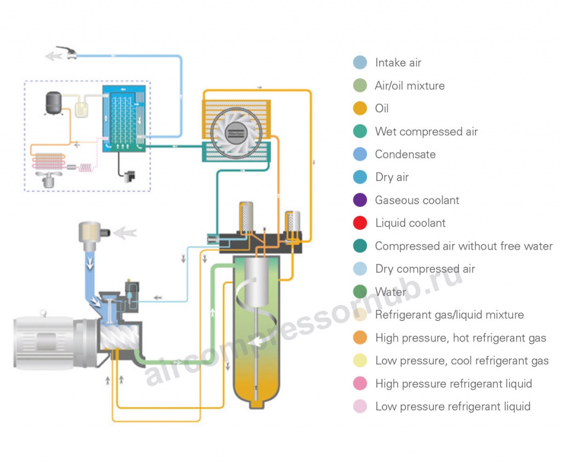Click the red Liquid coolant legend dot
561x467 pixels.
point(360,223)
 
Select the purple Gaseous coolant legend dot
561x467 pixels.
point(360,200)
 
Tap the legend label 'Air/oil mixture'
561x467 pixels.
point(409,86)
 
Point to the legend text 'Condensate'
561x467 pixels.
point(405,154)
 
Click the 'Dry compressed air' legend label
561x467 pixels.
point(425,269)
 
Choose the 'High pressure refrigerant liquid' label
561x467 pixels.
point(453,384)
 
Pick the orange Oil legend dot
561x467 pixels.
point(360,108)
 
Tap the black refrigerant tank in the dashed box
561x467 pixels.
point(53,103)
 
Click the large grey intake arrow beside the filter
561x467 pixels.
point(127,232)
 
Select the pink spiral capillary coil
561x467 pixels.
point(87,168)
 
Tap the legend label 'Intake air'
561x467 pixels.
point(398,63)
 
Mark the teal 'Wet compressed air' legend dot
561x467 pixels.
point(360,131)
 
